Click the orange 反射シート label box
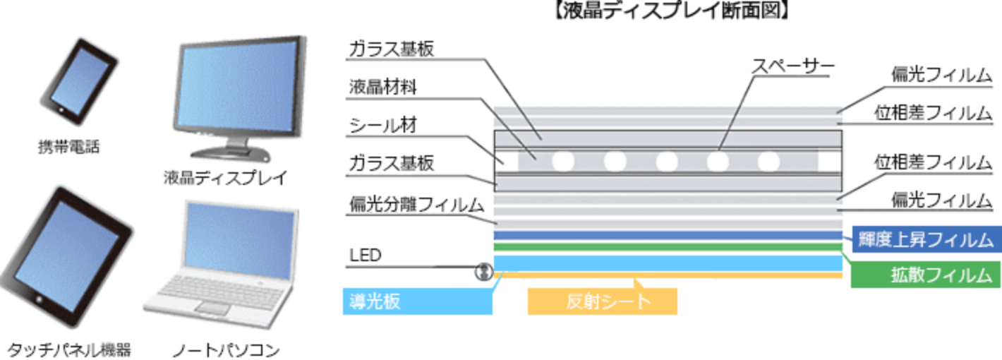coord(602,302)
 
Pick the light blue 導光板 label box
coord(416,302)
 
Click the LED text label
coord(366,255)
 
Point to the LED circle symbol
coord(483,271)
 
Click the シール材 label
coord(384,126)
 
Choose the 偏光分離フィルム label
coord(416,205)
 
